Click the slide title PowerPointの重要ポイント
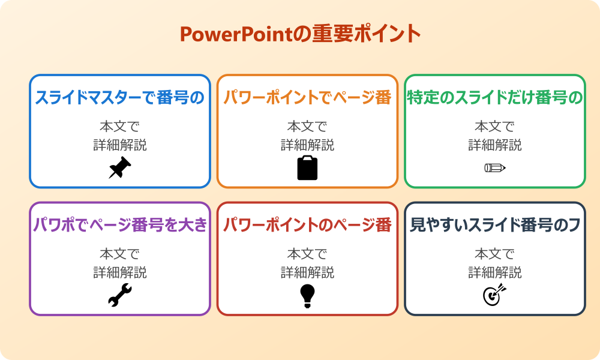pos(300,34)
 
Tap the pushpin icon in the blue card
pos(119,167)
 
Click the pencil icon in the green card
pos(494,167)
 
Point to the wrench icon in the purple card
pos(119,295)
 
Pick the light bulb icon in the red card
pos(307,295)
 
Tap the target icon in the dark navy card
pos(494,295)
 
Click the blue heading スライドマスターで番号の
pos(120,97)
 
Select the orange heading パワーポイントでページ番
pos(307,97)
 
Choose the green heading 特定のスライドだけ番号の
pos(494,97)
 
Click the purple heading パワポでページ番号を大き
pos(120,225)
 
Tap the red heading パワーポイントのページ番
pos(307,225)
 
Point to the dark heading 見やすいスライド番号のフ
pos(494,225)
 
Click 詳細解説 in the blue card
pos(120,145)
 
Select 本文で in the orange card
pos(307,127)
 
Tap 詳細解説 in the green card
pos(494,145)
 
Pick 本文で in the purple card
pos(120,254)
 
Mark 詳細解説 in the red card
pos(307,272)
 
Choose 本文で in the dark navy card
pos(494,254)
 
